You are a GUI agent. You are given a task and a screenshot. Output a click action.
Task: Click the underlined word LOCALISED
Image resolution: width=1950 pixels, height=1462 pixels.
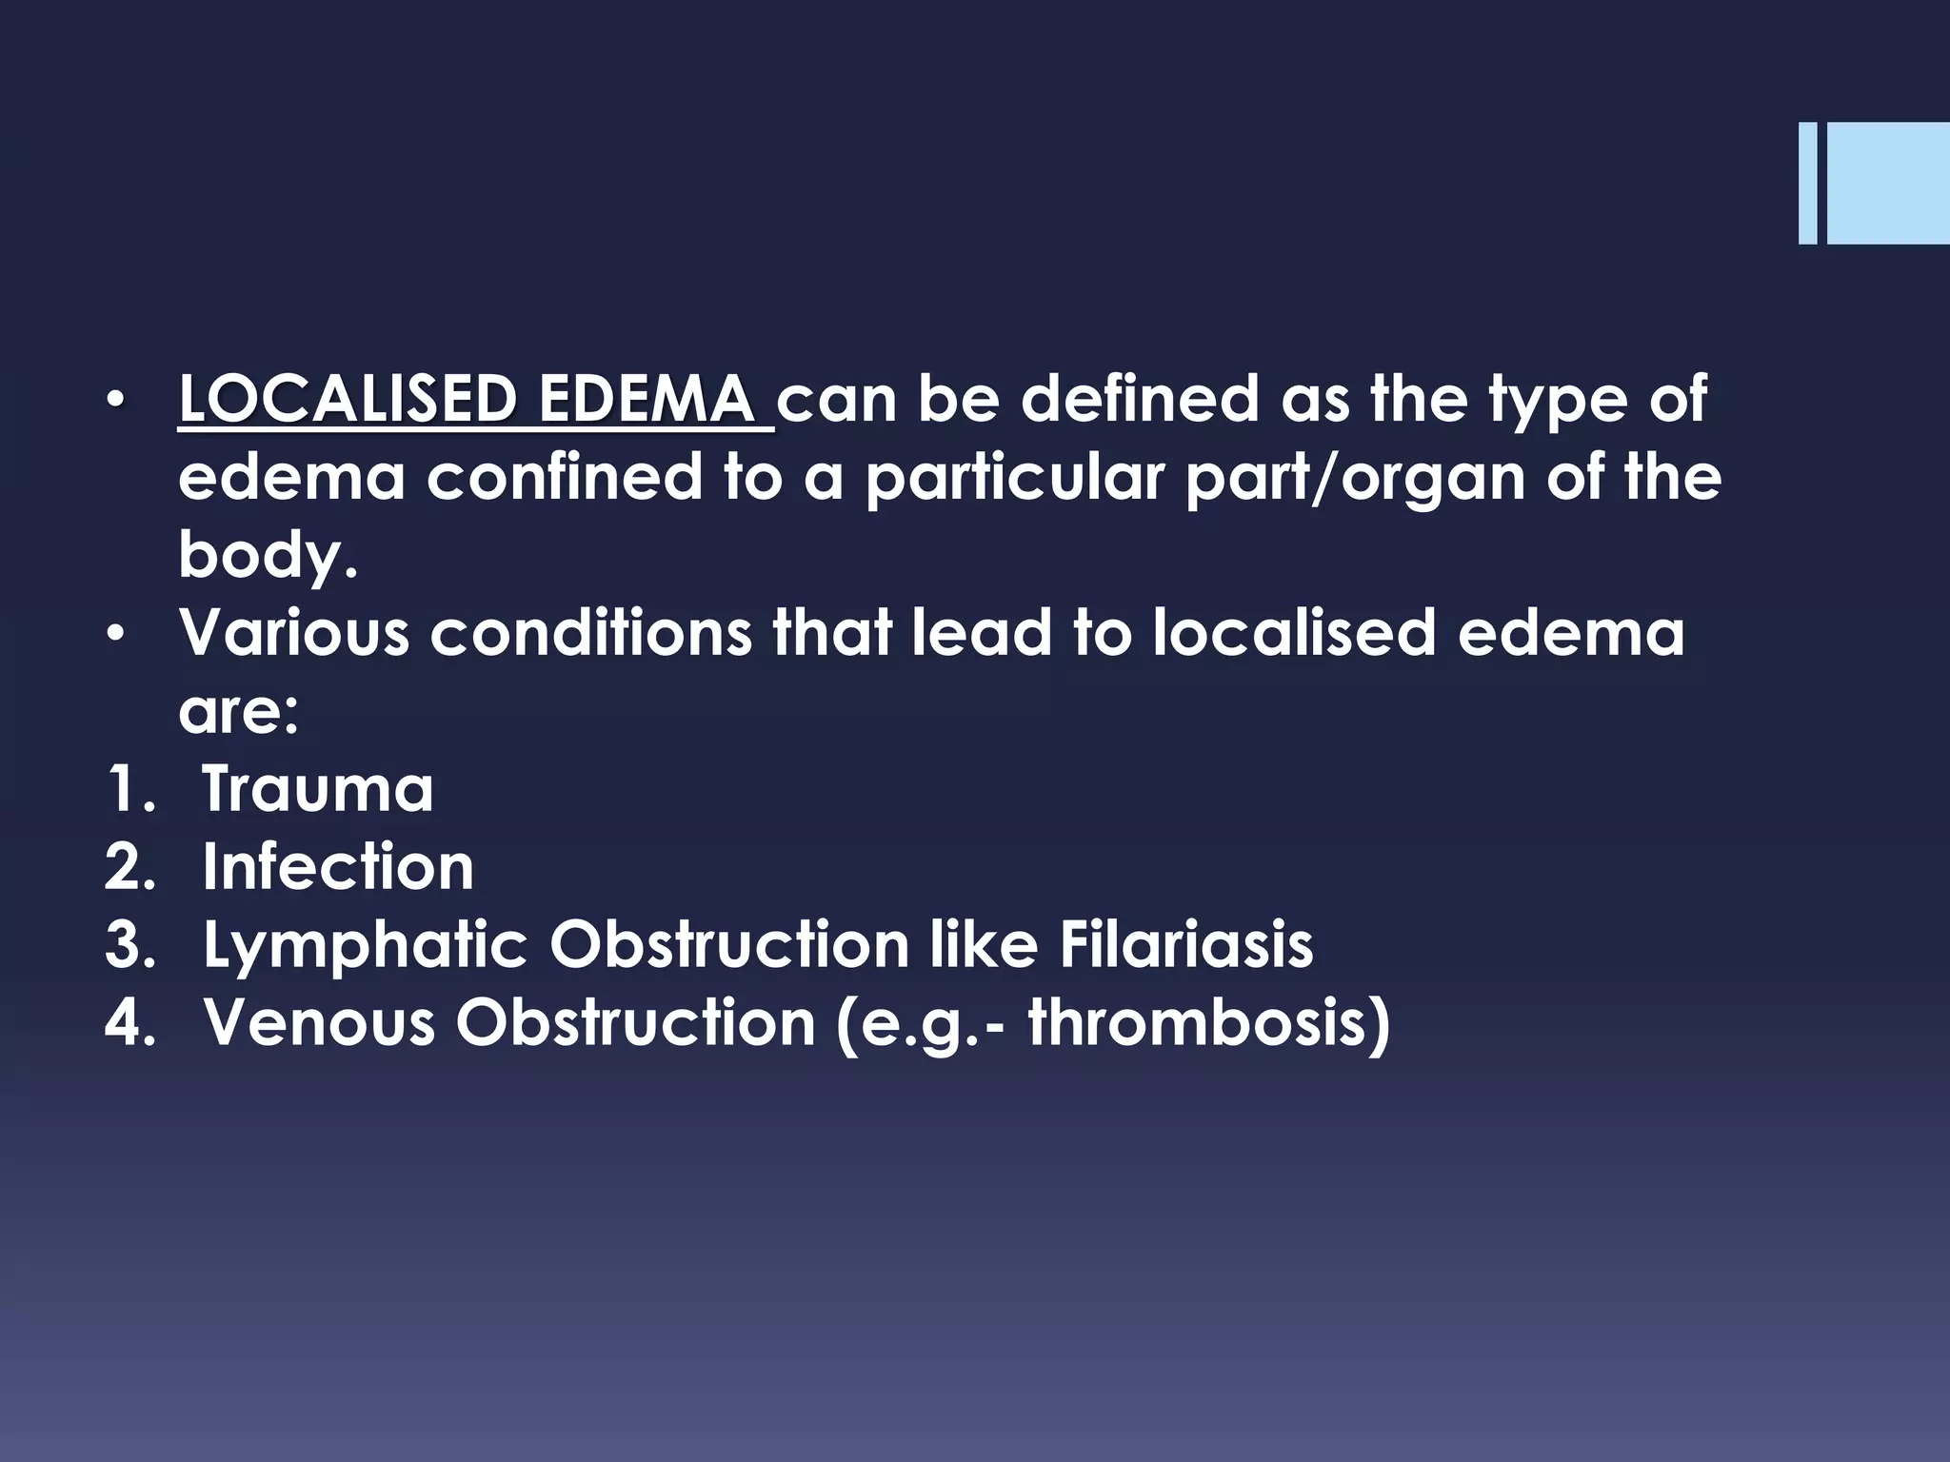tap(347, 400)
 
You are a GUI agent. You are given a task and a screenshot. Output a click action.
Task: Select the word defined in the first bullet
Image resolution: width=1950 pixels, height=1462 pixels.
tap(1140, 400)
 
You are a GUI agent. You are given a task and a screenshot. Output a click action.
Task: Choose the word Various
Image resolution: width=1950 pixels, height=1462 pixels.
tap(293, 632)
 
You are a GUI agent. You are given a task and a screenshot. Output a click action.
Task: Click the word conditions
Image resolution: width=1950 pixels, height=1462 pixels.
tap(590, 632)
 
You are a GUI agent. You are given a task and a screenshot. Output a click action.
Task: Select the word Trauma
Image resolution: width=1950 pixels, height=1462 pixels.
tap(317, 788)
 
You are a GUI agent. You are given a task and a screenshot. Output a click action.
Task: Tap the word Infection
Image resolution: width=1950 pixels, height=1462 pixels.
tap(338, 866)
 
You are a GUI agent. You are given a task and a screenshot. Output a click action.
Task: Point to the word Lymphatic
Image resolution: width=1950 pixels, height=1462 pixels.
tap(364, 945)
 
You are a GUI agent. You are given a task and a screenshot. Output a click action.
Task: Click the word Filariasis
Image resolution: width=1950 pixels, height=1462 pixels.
tap(1185, 944)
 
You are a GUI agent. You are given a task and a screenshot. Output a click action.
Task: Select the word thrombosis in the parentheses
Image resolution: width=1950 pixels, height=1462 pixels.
tap(1200, 1022)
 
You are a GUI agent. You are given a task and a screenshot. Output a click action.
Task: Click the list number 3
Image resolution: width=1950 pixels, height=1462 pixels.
tap(129, 945)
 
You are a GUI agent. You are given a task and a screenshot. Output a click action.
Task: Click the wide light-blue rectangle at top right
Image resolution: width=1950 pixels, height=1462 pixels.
tap(1888, 184)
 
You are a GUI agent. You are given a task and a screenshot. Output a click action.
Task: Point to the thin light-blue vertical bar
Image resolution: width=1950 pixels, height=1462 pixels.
tap(1807, 184)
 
